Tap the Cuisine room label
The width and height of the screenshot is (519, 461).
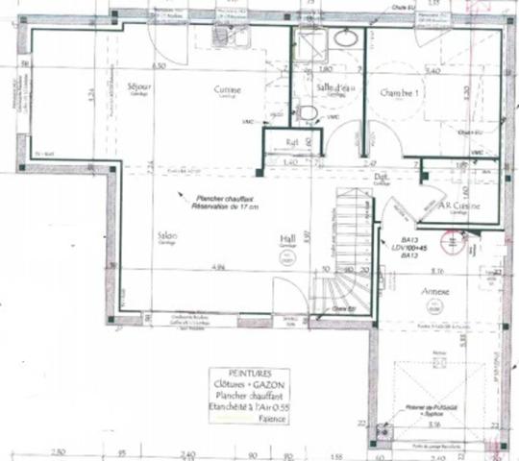point(227,89)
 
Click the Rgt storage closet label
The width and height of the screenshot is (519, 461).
point(292,144)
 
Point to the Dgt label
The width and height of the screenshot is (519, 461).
point(381,177)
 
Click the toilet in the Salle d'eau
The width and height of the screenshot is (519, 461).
point(309,113)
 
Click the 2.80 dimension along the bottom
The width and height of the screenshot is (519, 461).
point(58,450)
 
